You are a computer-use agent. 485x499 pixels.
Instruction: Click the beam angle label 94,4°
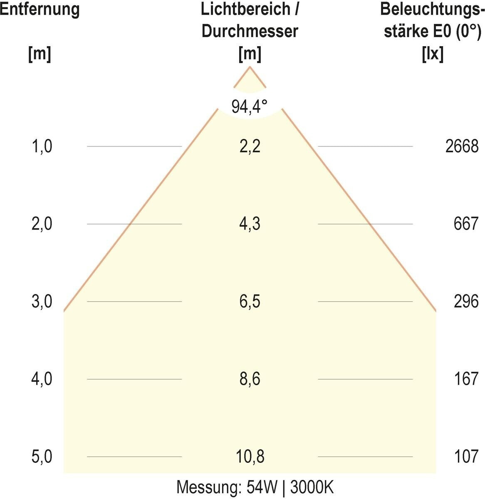[x=250, y=107]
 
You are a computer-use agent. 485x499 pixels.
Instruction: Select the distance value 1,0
[x=42, y=146]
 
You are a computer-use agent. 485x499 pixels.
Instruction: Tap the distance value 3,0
[x=42, y=301]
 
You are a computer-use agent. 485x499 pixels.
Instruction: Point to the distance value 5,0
[x=42, y=457]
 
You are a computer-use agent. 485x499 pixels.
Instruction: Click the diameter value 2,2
[x=250, y=146]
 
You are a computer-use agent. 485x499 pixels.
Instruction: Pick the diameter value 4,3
[x=250, y=224]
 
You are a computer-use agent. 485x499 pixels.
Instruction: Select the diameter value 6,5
[x=250, y=301]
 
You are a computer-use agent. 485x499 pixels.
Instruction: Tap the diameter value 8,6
[x=250, y=379]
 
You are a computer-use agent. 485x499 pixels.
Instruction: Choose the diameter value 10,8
[x=250, y=457]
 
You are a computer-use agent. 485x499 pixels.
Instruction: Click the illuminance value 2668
[x=462, y=146]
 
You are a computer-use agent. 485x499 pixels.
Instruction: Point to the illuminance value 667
[x=466, y=224]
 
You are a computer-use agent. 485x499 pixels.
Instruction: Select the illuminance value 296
[x=466, y=301]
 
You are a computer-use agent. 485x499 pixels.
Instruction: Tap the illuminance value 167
[x=466, y=379]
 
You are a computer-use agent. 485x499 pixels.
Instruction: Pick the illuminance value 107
[x=466, y=457]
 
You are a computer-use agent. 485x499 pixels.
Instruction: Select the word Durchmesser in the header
[x=250, y=32]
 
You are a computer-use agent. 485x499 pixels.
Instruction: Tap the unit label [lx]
[x=432, y=54]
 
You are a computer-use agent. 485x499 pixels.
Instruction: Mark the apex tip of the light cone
[x=250, y=67]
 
